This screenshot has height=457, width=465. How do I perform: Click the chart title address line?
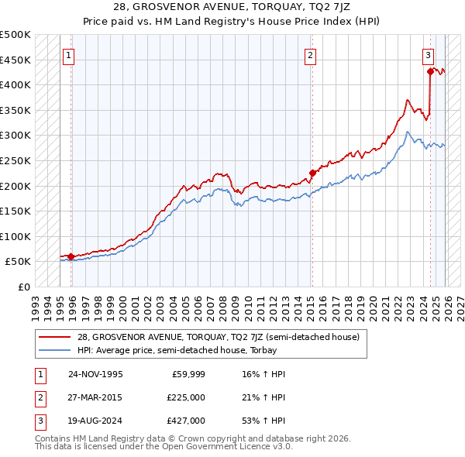pos(232,6)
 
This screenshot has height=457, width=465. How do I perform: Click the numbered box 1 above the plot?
pos(70,55)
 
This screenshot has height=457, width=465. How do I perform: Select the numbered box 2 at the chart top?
pos(310,55)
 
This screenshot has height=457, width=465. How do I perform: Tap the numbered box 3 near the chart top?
pos(428,55)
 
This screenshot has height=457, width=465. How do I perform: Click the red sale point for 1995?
pos(71,256)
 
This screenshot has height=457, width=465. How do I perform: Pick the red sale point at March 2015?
pos(312,173)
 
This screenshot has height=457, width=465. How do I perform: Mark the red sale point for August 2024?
pos(430,71)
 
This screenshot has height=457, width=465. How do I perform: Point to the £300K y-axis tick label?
pos(16,136)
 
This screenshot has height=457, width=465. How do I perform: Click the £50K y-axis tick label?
pos(19,262)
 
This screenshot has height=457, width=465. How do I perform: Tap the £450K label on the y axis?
pos(16,60)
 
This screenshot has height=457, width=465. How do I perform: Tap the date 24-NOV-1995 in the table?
pos(95,374)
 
